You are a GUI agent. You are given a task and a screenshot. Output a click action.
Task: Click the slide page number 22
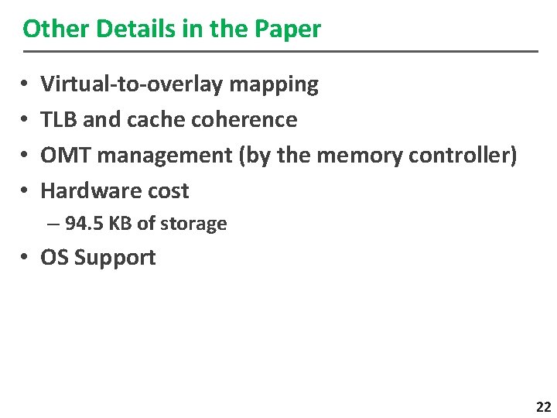[x=543, y=407]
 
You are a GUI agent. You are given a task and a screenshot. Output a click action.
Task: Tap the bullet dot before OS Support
[x=27, y=258]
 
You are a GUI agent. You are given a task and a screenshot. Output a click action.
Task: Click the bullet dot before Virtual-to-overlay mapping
[x=27, y=84]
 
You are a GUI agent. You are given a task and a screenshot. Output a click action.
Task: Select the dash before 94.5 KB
[x=52, y=224]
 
